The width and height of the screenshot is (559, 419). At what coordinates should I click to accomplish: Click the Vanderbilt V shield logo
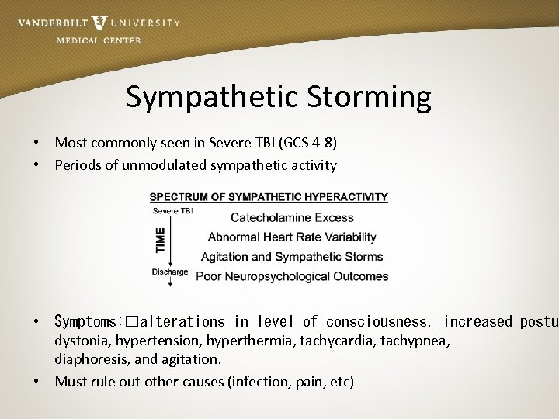point(99,23)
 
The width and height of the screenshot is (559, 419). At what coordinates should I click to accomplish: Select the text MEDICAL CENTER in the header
point(99,40)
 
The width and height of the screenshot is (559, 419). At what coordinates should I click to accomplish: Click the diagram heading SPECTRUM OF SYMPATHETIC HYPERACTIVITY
point(269,197)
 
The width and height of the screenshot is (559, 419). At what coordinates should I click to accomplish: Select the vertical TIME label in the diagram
point(161,239)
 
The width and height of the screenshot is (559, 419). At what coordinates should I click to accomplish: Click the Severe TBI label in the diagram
point(172,211)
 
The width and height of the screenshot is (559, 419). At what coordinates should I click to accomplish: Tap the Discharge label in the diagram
point(170,272)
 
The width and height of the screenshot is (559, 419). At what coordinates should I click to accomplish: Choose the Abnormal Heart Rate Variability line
point(292,237)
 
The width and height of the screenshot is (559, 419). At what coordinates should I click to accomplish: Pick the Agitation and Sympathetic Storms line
point(292,257)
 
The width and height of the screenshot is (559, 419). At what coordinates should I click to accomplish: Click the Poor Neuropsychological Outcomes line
point(292,276)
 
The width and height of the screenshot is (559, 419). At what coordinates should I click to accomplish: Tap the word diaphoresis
point(89,359)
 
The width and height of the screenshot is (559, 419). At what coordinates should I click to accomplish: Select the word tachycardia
point(343,341)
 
